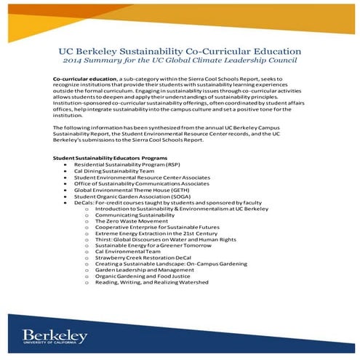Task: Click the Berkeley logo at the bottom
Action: (55, 336)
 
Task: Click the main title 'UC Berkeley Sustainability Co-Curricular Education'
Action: (180, 52)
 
